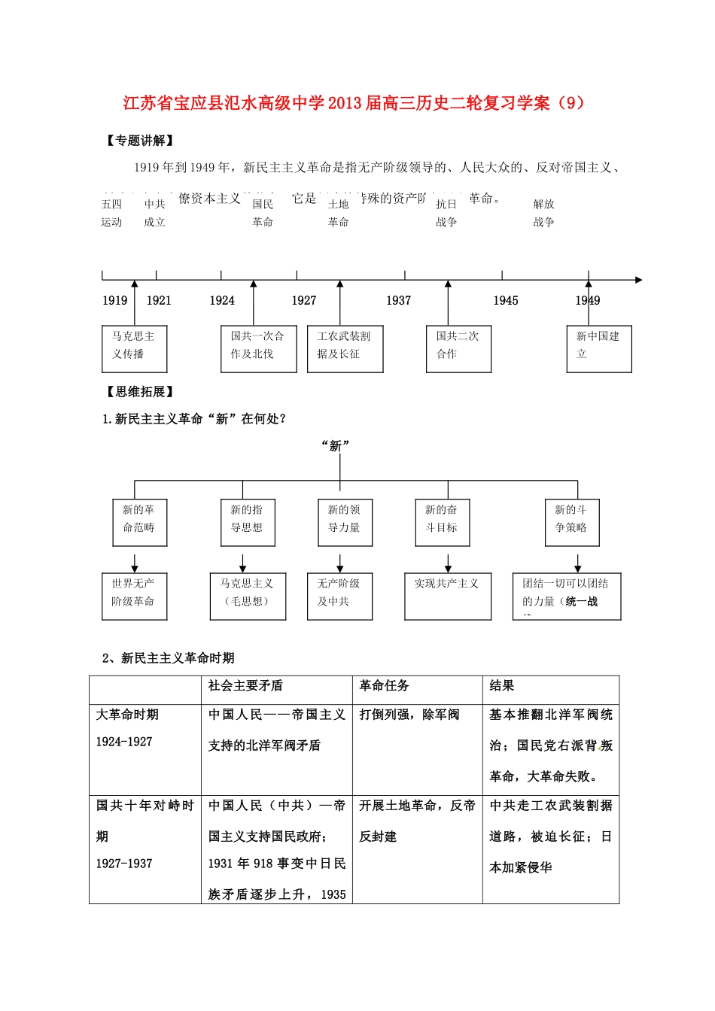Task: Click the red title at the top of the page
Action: click(x=353, y=103)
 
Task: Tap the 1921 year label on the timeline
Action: click(x=159, y=301)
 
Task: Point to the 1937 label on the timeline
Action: click(x=398, y=301)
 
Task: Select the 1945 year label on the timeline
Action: click(x=505, y=301)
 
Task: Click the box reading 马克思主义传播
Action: click(x=134, y=349)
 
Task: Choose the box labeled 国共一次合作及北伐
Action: click(x=258, y=349)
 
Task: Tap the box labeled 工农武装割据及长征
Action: click(x=345, y=349)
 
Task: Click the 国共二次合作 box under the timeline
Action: click(x=458, y=349)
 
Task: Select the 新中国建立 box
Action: click(x=598, y=349)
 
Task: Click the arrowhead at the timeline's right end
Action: click(x=638, y=280)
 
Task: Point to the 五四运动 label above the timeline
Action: click(x=111, y=213)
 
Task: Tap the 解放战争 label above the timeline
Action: click(x=543, y=213)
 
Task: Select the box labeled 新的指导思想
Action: click(x=247, y=523)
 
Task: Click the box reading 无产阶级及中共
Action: click(x=339, y=597)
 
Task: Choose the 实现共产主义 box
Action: click(x=447, y=597)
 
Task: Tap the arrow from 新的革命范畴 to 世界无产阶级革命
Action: click(x=135, y=563)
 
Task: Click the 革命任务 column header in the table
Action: click(x=385, y=686)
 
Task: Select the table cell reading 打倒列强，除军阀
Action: click(x=409, y=715)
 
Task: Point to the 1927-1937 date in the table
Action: click(x=124, y=864)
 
